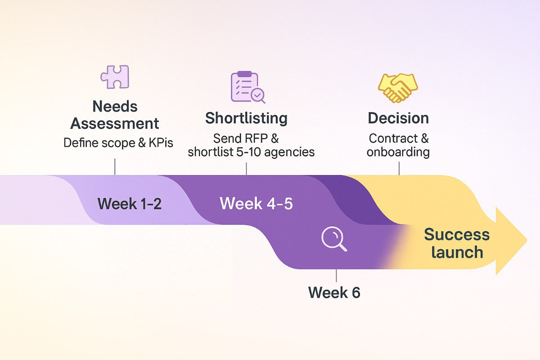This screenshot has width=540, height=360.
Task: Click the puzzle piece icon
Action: [115, 76]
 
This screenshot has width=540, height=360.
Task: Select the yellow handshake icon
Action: [398, 87]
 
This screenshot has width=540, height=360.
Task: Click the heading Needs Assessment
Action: [115, 115]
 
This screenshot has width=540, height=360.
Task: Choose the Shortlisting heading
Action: [246, 118]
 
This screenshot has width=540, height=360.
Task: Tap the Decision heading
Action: [398, 118]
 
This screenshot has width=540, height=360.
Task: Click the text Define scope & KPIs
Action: [118, 143]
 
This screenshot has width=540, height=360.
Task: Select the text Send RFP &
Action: [246, 138]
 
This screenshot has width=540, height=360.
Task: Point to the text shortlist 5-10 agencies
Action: [251, 152]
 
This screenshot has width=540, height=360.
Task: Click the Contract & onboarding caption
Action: [398, 145]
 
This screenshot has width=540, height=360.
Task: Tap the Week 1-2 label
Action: [130, 204]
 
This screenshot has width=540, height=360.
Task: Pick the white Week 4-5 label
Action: [256, 203]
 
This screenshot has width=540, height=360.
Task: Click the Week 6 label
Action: [334, 292]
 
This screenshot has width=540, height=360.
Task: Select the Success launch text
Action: [457, 243]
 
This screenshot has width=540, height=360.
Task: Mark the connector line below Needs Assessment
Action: [115, 166]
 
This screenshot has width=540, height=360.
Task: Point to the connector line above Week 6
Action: [336, 275]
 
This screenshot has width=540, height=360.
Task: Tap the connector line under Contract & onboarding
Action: [399, 167]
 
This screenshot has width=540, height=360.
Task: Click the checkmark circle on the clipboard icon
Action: [258, 95]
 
